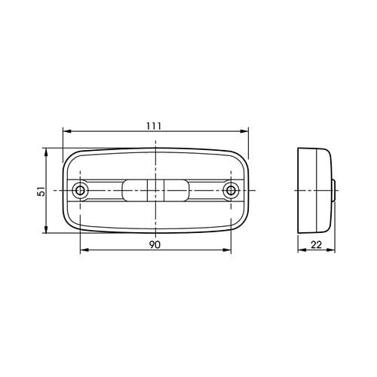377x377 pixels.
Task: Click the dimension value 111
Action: [x=154, y=125]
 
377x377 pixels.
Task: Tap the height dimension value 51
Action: [x=41, y=191]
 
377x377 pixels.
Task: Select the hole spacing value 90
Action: [x=154, y=244]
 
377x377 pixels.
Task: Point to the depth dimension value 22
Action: [x=315, y=244]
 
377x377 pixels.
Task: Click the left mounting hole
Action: [x=79, y=189]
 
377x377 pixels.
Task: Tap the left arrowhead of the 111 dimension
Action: [x=66, y=132]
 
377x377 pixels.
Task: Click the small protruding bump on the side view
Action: [x=335, y=189]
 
